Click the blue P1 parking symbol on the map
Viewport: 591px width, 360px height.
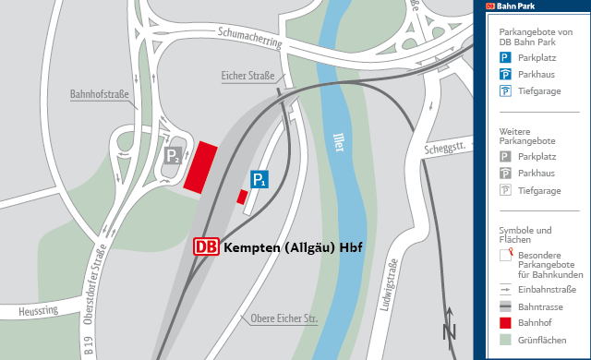[260, 180]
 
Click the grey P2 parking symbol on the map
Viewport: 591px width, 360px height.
[173, 158]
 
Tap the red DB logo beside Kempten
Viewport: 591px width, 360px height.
[207, 247]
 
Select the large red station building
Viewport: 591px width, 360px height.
[200, 167]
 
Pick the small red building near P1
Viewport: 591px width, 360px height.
[242, 197]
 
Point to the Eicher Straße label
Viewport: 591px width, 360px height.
[248, 76]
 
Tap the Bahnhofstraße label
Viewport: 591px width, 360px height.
[100, 94]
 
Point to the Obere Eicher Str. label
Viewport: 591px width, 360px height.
[284, 319]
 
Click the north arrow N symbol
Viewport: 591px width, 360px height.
[450, 327]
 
